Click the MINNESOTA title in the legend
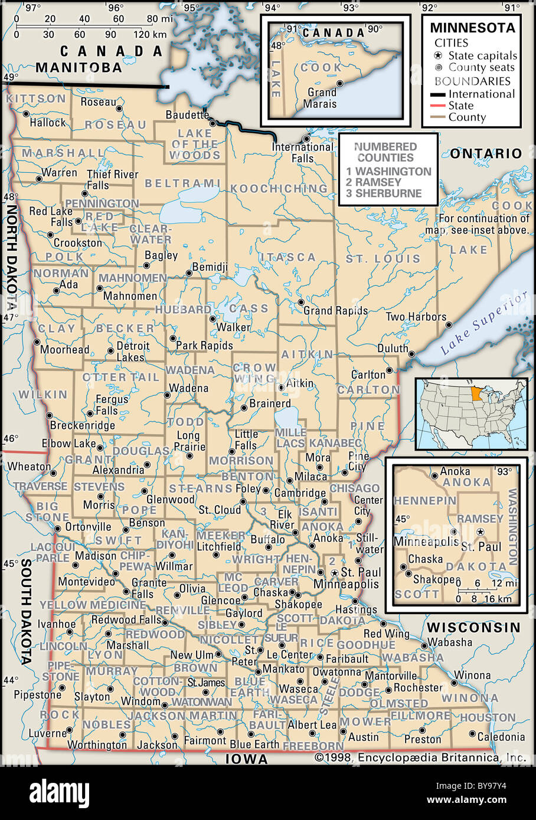pyautogui.click(x=472, y=28)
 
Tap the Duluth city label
pyautogui.click(x=393, y=349)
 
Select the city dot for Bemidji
pyautogui.click(x=189, y=273)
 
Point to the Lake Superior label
pyautogui.click(x=483, y=325)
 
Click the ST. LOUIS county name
pyautogui.click(x=383, y=258)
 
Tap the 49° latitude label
pyautogui.click(x=11, y=77)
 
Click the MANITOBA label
pyautogui.click(x=79, y=67)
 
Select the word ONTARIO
pyautogui.click(x=486, y=153)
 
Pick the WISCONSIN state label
pyautogui.click(x=474, y=627)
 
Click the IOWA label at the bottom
pyautogui.click(x=247, y=759)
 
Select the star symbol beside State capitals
pyautogui.click(x=437, y=55)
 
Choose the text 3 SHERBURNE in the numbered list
pyautogui.click(x=384, y=193)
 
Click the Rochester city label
pyautogui.click(x=418, y=687)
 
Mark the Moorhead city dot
pyautogui.click(x=37, y=342)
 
